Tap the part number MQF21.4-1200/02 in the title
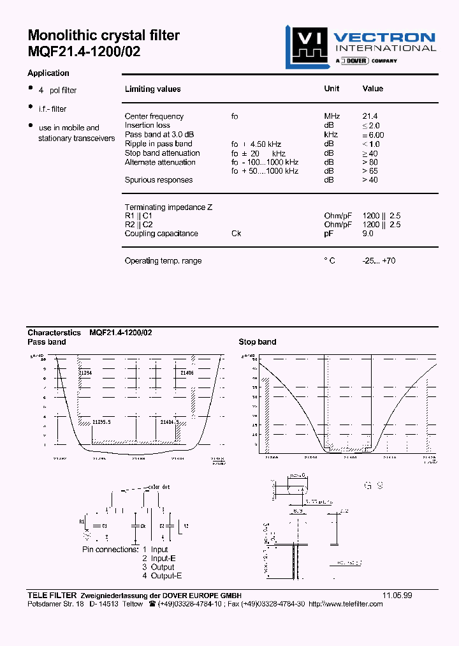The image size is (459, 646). coord(84,52)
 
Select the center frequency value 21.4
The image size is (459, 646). coord(370,116)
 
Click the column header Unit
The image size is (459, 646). coord(331,89)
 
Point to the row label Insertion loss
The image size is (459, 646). coord(147,125)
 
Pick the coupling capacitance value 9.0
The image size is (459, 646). coord(368,234)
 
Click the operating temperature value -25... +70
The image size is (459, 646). coord(378,260)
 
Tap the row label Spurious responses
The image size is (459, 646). coord(159,180)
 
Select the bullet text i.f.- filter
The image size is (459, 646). coord(52,109)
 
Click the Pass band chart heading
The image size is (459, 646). coord(47,342)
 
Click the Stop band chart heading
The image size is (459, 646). coord(257,342)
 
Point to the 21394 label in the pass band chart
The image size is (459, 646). coord(85,373)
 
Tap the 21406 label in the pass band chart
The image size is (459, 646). coord(187,373)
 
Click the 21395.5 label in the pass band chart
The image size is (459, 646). coord(102,422)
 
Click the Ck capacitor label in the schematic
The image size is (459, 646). coord(143,525)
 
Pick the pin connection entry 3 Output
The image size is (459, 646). coord(158,567)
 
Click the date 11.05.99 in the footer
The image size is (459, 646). coord(397,595)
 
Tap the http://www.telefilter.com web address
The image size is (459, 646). coord(346,604)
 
